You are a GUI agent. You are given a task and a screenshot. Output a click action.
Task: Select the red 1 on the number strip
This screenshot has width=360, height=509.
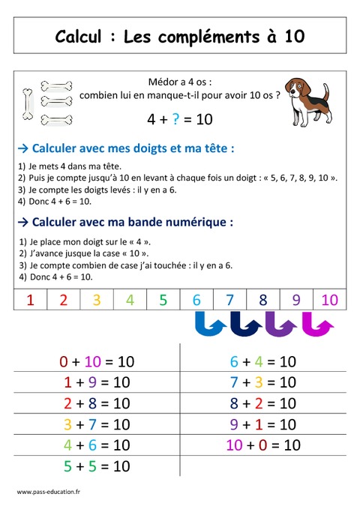coord(31,301)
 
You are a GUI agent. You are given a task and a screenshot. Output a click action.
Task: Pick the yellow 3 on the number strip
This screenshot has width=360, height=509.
coord(97,301)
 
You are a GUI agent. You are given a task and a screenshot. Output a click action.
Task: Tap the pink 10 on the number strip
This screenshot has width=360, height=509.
coord(329,301)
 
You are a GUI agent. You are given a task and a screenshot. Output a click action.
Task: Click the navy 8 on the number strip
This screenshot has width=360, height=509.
coord(262,301)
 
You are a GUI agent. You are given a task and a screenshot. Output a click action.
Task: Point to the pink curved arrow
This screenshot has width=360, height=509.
coord(317,325)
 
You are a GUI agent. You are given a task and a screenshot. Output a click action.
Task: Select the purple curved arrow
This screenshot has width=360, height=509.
coord(280,325)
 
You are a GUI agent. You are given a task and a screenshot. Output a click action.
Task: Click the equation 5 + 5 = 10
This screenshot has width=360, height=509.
coord(97,466)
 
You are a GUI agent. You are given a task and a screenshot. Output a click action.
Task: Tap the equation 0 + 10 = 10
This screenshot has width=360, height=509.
coord(97,361)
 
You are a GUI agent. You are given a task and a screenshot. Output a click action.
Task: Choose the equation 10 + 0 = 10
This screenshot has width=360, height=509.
coord(263,445)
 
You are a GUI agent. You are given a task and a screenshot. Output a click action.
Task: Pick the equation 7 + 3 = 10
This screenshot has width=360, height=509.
coord(263,382)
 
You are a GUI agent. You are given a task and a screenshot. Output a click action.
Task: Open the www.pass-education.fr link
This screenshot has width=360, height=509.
coord(49,491)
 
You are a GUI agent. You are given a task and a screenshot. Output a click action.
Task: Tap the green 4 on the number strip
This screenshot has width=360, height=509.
coord(130,301)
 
